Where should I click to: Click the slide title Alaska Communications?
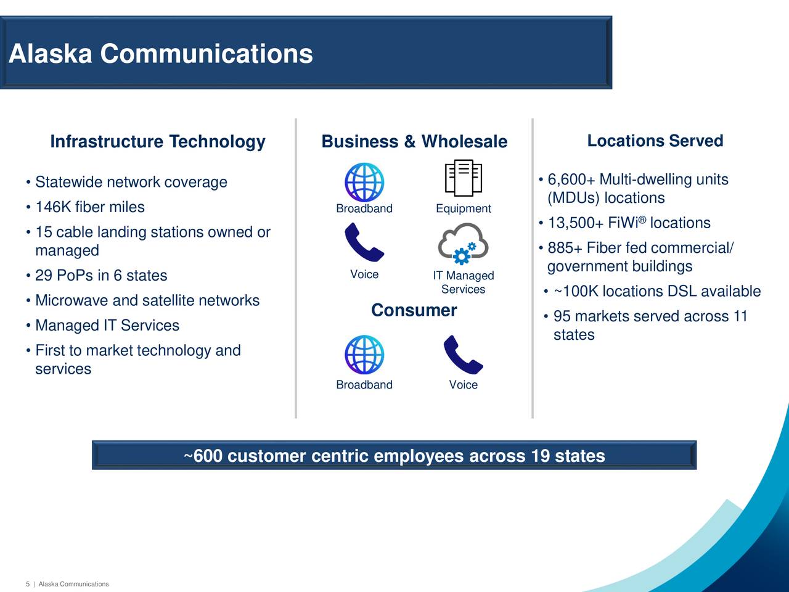pos(161,54)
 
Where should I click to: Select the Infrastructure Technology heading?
pos(158,142)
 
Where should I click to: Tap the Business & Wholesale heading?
pos(414,141)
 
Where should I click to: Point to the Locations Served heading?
pos(655,141)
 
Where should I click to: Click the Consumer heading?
pos(414,310)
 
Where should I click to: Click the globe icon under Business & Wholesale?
pos(364,183)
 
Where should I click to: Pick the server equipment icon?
pos(464,178)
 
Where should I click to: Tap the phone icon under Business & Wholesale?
pos(364,242)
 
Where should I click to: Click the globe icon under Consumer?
pos(364,355)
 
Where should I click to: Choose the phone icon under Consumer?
pos(464,355)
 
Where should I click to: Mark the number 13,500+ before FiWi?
pos(576,223)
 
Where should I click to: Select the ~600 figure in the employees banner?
pos(203,456)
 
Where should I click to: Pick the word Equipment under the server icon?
pos(464,208)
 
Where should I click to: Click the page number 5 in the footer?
pos(28,584)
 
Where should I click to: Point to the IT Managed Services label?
pos(464,282)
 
